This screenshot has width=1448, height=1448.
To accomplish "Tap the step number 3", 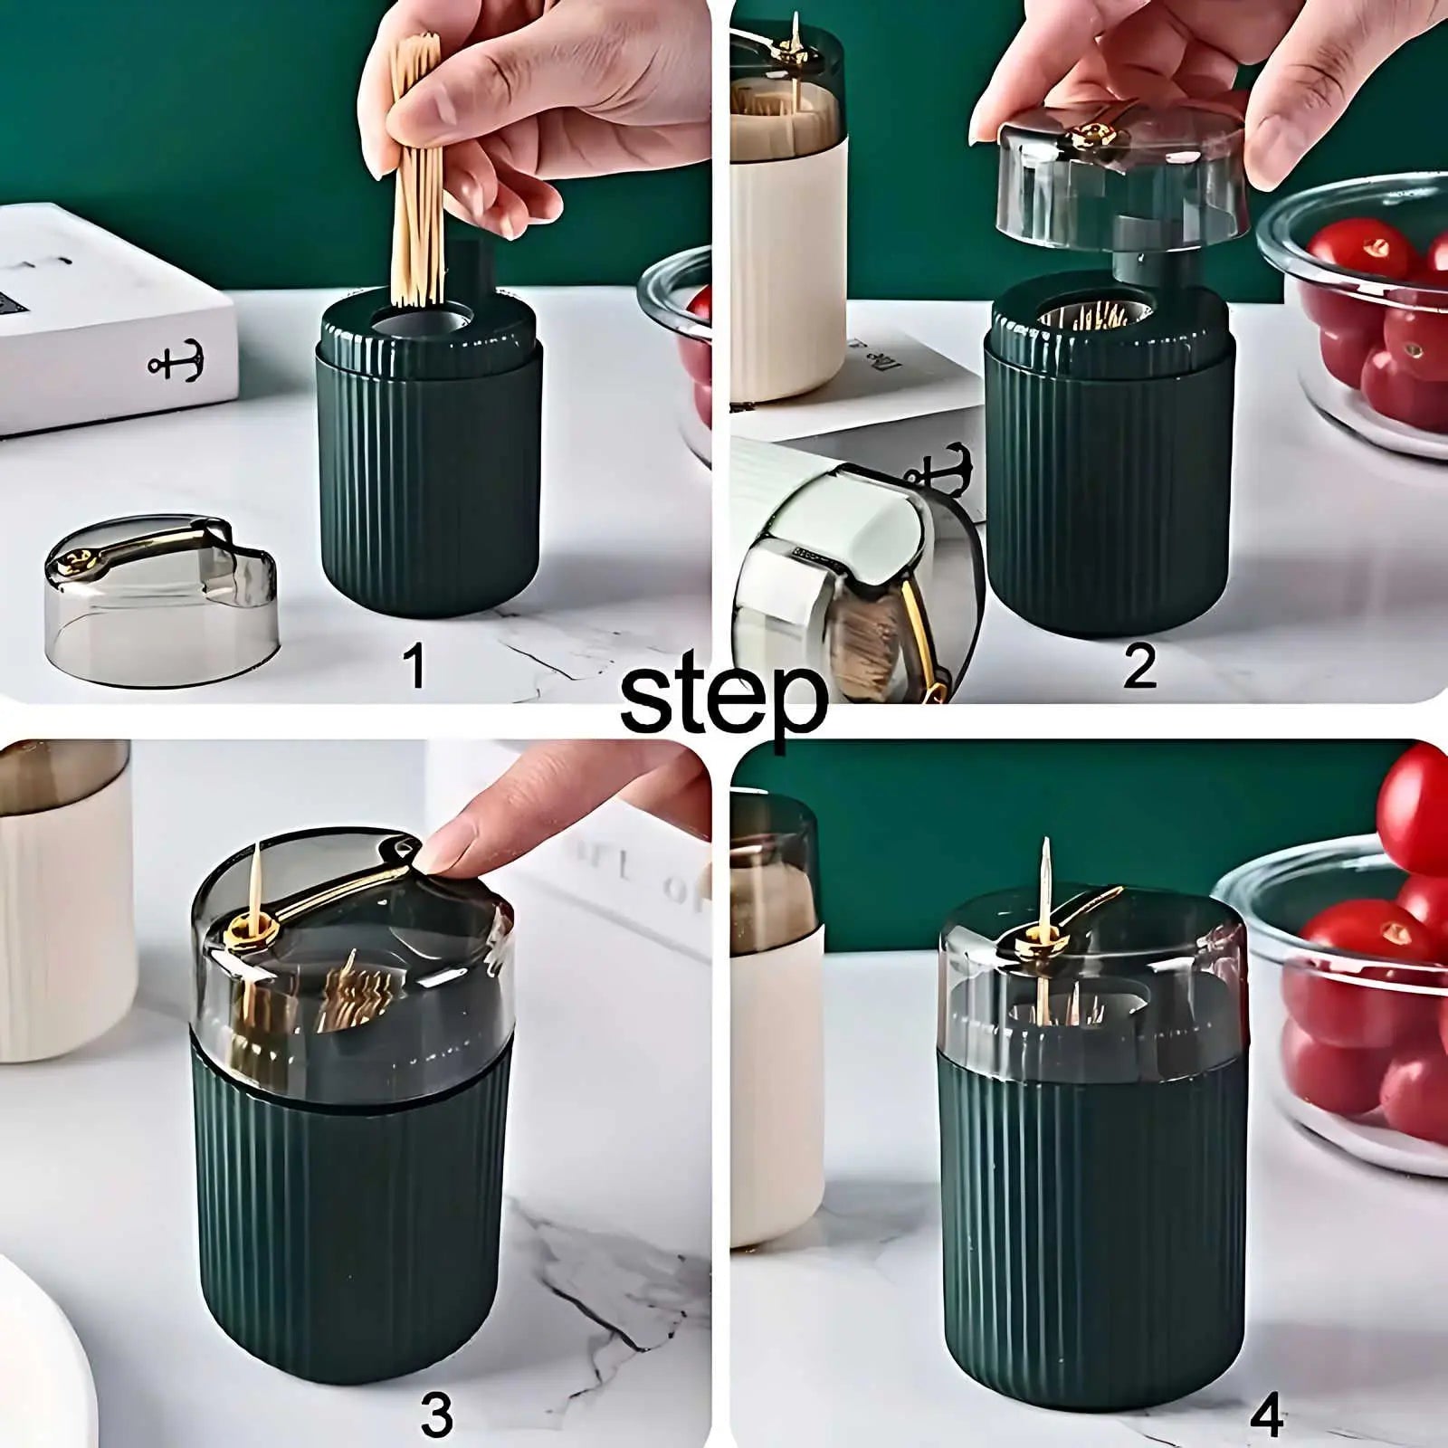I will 436,1412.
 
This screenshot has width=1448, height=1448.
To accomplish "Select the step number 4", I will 1266,1412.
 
